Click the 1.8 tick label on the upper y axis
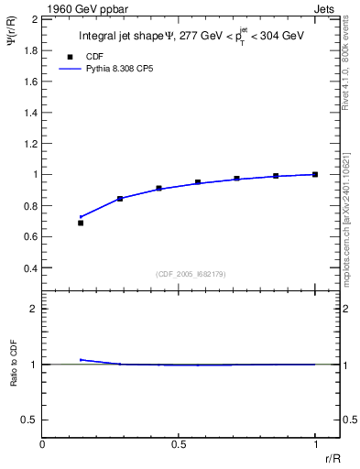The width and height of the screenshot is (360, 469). point(28,49)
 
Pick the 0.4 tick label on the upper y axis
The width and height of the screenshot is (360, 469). point(28,268)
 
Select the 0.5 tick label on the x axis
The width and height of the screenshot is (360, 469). point(179,444)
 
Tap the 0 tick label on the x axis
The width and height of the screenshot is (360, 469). point(42,444)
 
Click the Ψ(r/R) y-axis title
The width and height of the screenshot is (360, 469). point(13,38)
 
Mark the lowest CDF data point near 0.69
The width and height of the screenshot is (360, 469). point(81,223)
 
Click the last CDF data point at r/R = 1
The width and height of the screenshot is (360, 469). point(315,174)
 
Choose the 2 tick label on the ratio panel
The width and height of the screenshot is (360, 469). point(33,309)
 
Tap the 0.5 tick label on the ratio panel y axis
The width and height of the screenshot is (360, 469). point(28,420)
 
